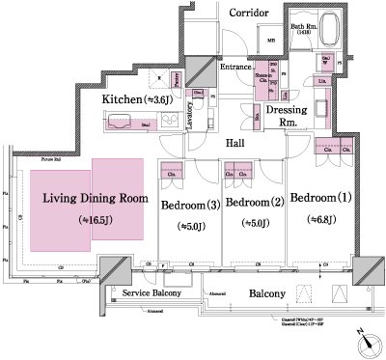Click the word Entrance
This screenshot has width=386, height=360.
coord(235,67)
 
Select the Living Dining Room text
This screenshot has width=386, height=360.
coord(95,198)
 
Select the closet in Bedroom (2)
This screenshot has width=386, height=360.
coord(236,175)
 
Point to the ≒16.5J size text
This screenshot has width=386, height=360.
coord(95,220)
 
